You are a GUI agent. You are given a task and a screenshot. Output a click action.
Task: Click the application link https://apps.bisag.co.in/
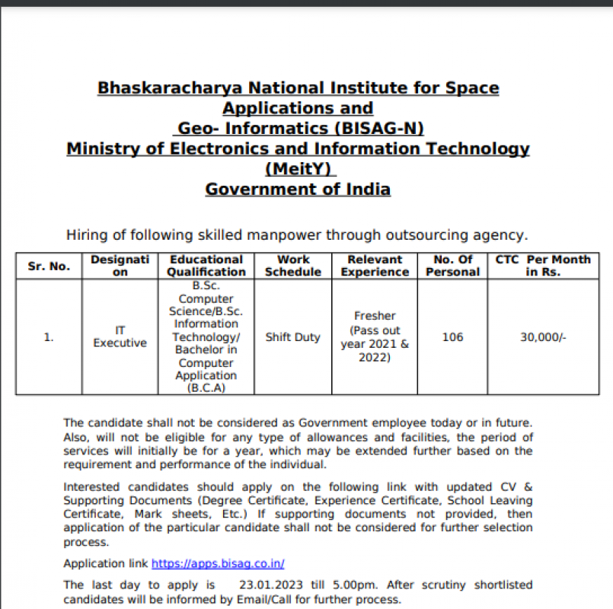coord(218,564)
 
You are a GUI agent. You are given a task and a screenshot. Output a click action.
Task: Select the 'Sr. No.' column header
coord(49,266)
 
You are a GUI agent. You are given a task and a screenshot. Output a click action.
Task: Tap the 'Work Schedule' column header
coord(293,266)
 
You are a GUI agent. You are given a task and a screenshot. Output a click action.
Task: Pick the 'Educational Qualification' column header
coord(206,266)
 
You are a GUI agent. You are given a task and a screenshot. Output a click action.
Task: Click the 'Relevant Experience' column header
coord(375,266)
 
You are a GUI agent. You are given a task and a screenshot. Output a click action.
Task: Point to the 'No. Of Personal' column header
coord(452,266)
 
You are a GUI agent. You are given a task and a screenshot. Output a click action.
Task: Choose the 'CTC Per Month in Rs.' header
coord(542,266)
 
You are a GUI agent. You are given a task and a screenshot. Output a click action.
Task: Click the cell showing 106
coord(452,337)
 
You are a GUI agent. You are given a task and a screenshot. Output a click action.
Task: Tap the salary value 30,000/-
coord(543,337)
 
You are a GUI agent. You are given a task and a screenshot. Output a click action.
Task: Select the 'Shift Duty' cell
coord(293,337)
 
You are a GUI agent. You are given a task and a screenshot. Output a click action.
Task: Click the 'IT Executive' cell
coord(120,337)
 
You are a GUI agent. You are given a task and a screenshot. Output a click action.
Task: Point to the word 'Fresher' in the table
coord(375,316)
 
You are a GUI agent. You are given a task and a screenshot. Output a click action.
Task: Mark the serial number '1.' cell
coord(49,337)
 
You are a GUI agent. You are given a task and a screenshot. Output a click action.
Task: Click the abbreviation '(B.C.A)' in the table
coord(206,388)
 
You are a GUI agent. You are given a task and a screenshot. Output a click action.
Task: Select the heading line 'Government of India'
coord(298,189)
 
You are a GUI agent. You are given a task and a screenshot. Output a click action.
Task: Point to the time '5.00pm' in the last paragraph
coord(359,585)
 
